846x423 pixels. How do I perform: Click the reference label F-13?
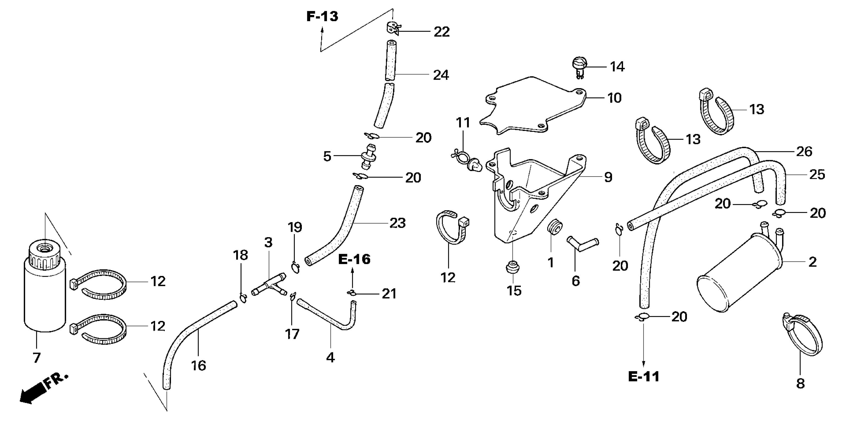tap(322, 16)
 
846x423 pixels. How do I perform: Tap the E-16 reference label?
tap(354, 260)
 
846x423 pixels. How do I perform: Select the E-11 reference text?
tap(644, 377)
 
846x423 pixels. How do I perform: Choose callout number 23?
tap(397, 223)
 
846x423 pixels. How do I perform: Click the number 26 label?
tap(804, 152)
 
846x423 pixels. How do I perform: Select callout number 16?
tap(198, 366)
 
